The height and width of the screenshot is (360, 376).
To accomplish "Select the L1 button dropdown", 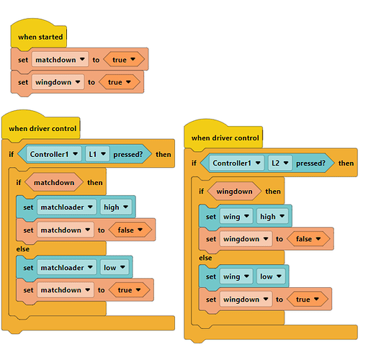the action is (97, 154).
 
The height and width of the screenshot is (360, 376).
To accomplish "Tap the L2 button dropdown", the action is (280, 163).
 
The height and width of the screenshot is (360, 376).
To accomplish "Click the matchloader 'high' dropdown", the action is (116, 207).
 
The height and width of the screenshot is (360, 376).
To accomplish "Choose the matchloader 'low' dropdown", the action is (115, 267).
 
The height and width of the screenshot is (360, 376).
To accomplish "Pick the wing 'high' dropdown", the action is (272, 217).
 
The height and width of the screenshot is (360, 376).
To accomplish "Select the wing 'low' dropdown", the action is (271, 276).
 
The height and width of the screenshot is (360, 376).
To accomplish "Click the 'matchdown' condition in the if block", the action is (54, 183).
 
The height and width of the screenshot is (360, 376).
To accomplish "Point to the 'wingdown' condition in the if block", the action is (234, 192).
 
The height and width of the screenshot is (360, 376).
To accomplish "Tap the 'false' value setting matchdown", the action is (130, 230).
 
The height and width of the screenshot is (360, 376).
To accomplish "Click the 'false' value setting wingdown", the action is (308, 239).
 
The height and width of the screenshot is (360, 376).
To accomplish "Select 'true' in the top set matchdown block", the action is (124, 60).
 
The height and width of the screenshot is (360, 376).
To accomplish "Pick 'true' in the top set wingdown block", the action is (120, 82).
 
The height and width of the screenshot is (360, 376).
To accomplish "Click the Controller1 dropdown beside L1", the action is (54, 154).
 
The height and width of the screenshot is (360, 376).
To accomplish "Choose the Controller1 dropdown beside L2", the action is (236, 163).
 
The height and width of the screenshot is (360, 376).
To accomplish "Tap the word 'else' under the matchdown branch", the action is (23, 249).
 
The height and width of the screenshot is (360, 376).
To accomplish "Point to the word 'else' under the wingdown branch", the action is (205, 258).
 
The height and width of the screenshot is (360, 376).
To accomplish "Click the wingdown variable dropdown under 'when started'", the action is (58, 82).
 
